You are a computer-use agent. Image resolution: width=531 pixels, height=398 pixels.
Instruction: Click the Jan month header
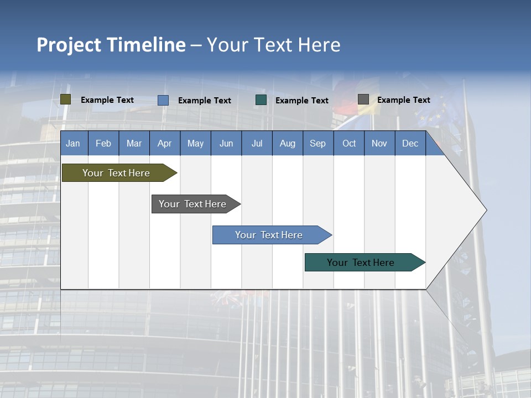(74, 143)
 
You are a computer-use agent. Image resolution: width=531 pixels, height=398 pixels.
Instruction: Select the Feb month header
(103, 143)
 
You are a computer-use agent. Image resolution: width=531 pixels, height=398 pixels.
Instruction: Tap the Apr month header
(165, 143)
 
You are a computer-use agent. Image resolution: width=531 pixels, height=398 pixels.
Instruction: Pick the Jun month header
(226, 143)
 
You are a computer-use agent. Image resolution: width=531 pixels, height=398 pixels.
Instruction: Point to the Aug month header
(288, 143)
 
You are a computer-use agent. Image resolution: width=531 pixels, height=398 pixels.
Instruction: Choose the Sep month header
(318, 143)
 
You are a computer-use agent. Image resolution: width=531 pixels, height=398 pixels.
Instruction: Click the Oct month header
(349, 143)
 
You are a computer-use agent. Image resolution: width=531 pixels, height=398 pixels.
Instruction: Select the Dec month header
(410, 143)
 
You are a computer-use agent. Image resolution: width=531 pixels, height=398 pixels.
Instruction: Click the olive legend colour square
(66, 99)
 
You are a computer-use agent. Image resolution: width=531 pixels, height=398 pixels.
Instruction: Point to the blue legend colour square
(163, 100)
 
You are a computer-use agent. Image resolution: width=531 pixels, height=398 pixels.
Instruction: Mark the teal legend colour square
(261, 100)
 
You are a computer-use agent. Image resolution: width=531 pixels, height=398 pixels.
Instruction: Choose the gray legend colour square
(363, 99)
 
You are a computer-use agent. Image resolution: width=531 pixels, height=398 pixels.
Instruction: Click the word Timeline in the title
(145, 45)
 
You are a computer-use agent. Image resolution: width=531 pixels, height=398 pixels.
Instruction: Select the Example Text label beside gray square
(403, 100)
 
